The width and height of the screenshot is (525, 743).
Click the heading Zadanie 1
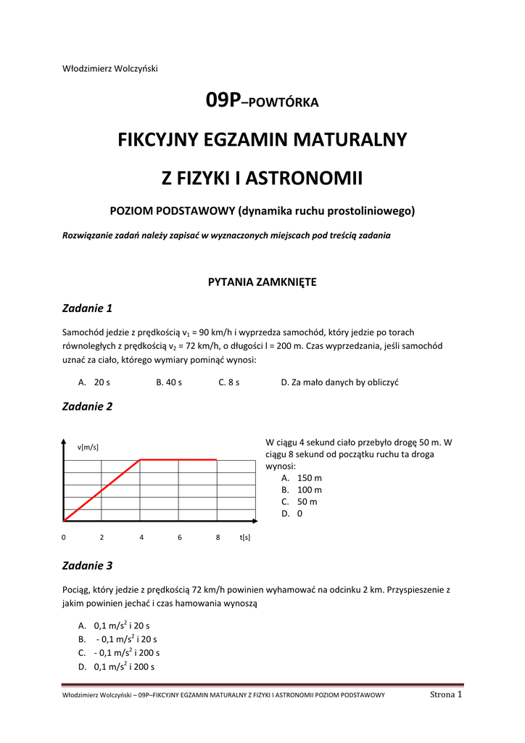click(88, 308)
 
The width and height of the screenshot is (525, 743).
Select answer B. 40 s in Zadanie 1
click(169, 382)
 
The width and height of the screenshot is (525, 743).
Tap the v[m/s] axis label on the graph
click(88, 447)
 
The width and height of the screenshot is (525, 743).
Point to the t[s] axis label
click(245, 538)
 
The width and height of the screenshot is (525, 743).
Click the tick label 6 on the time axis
click(179, 538)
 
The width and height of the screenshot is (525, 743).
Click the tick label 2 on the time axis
click(102, 538)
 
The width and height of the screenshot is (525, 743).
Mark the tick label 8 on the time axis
click(218, 538)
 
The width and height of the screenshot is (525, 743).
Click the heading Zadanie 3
click(88, 565)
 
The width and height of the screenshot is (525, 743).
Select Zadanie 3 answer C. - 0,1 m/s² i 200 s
click(119, 653)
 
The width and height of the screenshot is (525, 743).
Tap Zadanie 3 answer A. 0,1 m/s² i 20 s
click(114, 625)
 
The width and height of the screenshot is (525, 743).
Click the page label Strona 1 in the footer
click(446, 694)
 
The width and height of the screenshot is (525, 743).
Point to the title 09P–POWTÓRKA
click(262, 102)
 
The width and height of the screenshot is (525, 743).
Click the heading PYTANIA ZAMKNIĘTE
click(262, 282)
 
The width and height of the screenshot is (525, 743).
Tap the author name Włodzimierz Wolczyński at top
click(110, 69)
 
